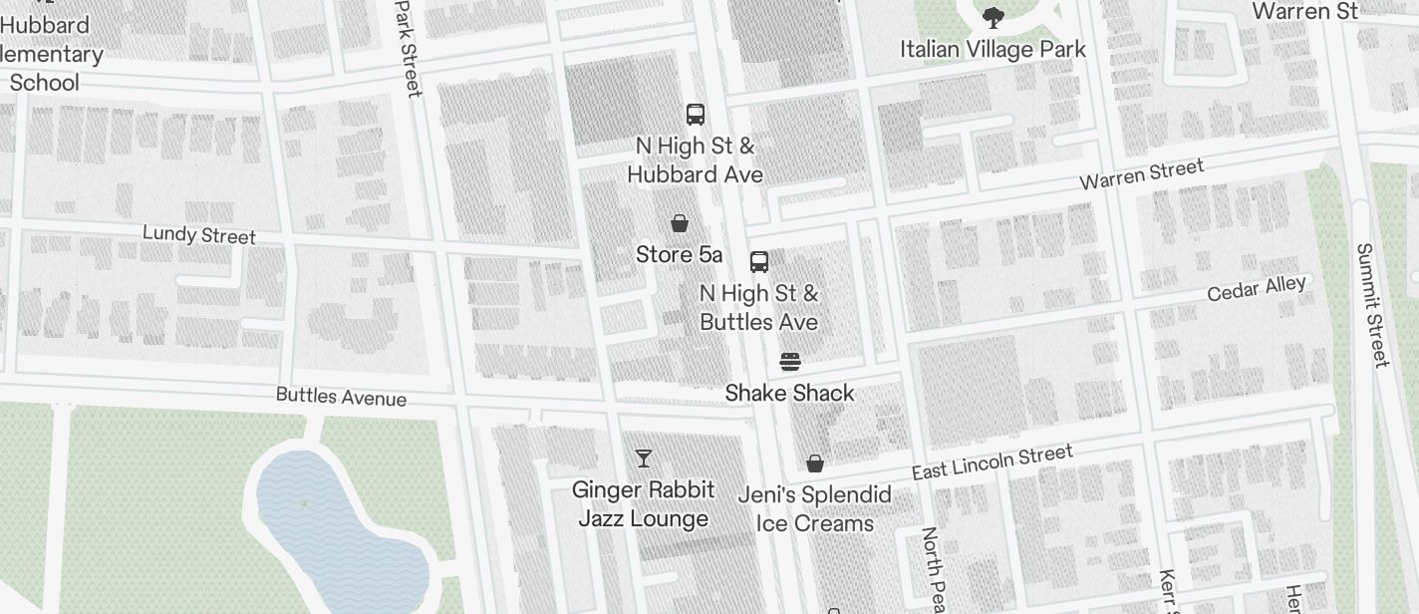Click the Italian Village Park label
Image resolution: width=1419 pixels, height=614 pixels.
[x=993, y=49]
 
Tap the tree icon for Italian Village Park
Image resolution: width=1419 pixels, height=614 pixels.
[x=993, y=16]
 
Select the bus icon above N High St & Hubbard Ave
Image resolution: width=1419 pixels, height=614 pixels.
[x=696, y=115]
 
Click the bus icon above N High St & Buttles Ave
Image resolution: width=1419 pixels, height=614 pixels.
[x=759, y=262]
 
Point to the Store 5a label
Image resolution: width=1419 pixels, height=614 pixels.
[x=679, y=254]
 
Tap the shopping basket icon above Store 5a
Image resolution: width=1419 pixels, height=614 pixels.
[x=680, y=222]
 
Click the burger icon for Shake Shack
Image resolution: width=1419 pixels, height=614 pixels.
[x=789, y=361]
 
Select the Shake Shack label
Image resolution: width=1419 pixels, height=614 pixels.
[x=789, y=393]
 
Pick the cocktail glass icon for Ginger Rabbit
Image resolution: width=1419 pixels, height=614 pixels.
[x=644, y=458]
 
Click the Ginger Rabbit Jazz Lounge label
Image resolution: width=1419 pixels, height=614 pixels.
[x=644, y=503]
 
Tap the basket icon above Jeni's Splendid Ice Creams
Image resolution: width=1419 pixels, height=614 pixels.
[x=815, y=463]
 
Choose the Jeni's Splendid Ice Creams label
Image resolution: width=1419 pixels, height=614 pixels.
[x=814, y=508]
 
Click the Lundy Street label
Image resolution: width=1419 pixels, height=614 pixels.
[x=199, y=235]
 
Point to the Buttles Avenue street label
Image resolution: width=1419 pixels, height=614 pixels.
[x=341, y=397]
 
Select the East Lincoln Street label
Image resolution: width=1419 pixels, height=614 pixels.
[x=992, y=461]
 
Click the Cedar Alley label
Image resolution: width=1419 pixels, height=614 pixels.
[x=1256, y=289]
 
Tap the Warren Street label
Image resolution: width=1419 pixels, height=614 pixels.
[x=1142, y=174]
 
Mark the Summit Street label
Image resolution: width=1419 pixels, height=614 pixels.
[x=1372, y=305]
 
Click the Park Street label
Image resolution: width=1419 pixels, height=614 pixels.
[x=408, y=48]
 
